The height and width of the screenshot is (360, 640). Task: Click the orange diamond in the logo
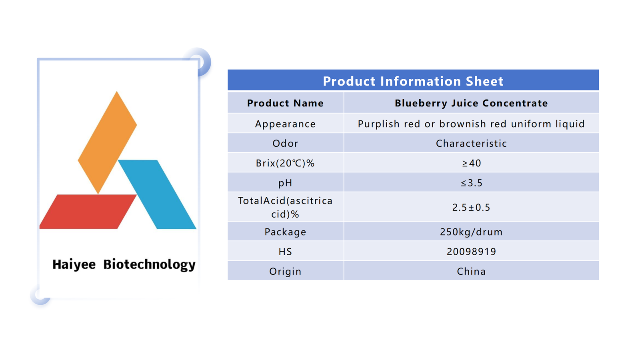click(108, 142)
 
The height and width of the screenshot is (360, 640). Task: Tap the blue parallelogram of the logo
click(157, 194)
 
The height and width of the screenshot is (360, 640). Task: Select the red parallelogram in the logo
click(88, 212)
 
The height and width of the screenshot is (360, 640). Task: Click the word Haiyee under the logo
click(74, 264)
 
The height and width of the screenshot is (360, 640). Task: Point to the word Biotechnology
click(150, 264)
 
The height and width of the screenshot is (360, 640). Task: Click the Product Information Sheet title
click(413, 81)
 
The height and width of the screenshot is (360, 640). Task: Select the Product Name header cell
click(286, 103)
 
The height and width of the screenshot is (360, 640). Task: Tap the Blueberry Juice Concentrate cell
click(472, 103)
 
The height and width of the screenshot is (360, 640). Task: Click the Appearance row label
click(286, 124)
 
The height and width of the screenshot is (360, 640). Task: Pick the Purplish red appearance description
click(472, 124)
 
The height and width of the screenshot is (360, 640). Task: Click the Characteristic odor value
click(472, 144)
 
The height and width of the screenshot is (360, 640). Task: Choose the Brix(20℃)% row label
click(286, 163)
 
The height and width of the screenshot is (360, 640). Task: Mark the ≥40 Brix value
click(472, 163)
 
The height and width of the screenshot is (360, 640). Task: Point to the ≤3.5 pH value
click(472, 183)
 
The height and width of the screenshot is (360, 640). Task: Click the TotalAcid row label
click(286, 208)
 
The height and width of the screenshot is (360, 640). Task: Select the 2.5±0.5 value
click(472, 208)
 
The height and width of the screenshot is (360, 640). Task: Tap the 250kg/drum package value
click(472, 232)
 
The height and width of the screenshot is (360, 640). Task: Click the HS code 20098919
click(472, 252)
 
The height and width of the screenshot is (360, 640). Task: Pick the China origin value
click(472, 271)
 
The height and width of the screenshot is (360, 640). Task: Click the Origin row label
click(286, 272)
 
